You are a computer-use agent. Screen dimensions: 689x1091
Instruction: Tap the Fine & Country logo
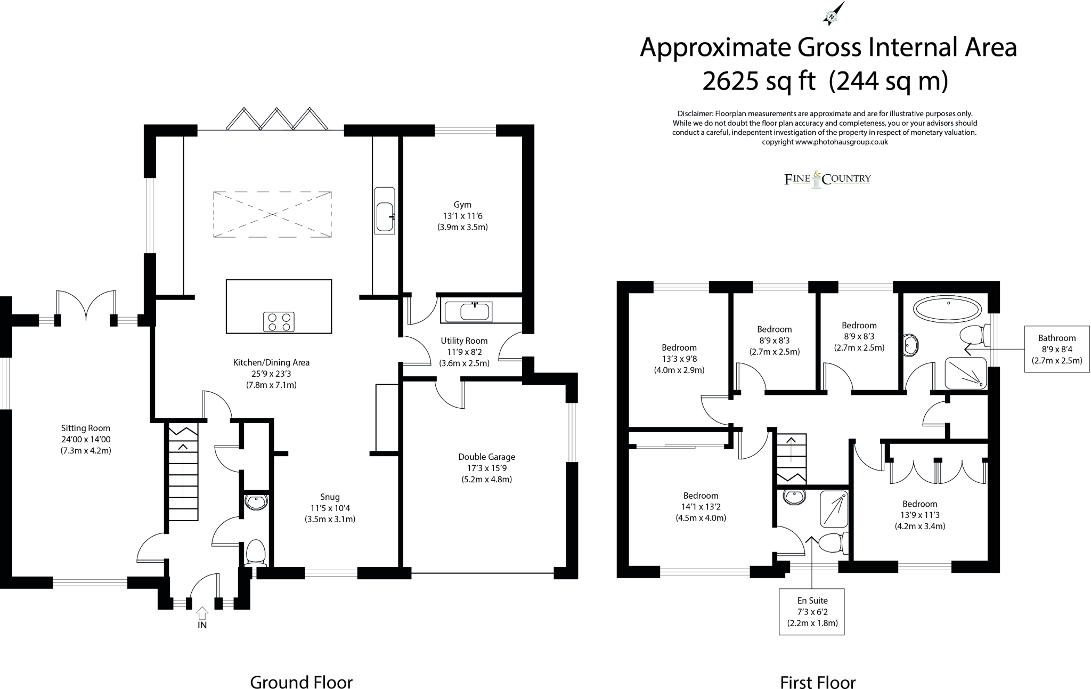[827, 179]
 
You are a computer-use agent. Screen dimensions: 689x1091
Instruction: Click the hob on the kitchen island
[279, 321]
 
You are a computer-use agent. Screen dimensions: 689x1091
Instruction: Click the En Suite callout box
[811, 611]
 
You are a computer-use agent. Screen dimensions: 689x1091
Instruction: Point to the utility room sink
[475, 312]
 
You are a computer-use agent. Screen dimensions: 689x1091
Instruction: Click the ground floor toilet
[256, 552]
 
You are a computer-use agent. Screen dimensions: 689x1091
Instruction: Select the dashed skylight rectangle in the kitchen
[272, 214]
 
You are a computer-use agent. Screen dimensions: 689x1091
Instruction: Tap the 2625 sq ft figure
[759, 82]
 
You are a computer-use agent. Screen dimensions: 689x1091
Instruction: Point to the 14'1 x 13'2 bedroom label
[701, 506]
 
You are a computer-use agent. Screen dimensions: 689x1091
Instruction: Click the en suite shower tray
[834, 508]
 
